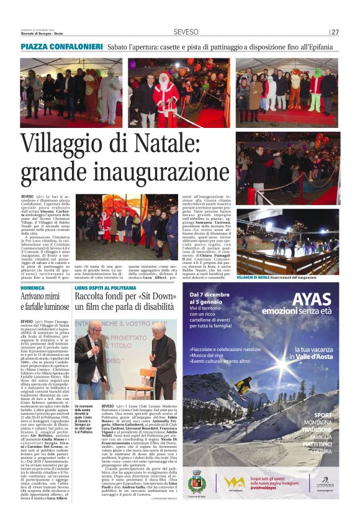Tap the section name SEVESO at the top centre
point(186,32)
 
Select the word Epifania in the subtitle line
point(325,47)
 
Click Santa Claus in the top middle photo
point(165,93)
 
